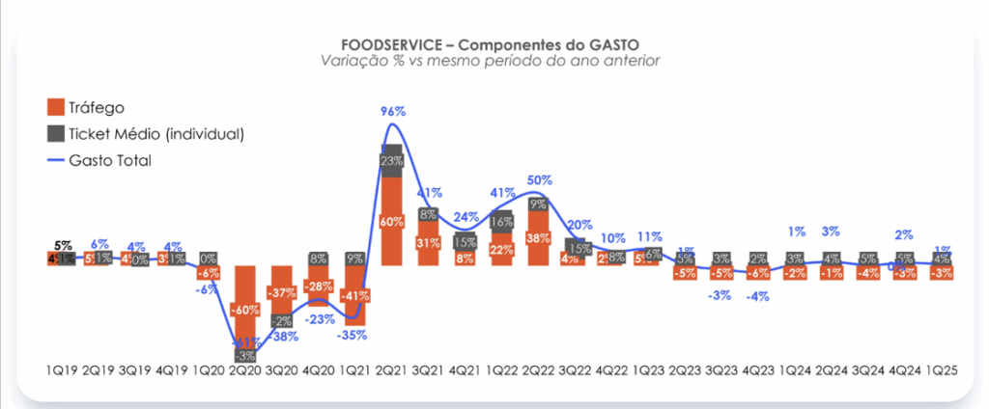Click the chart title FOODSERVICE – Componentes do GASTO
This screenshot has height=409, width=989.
coord(491,44)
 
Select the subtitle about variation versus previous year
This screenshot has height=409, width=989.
coord(491,62)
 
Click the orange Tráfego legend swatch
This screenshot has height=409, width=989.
coord(55,107)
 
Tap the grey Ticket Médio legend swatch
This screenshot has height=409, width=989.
coord(55,133)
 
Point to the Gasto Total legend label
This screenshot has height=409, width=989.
coord(111,159)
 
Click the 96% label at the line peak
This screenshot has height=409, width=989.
coord(392,112)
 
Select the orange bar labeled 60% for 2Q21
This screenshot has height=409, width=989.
coord(392,221)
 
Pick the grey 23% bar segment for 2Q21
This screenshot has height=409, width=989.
coord(392,161)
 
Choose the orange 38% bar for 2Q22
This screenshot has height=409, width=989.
coord(539,237)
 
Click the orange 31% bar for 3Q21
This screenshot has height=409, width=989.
coord(429,243)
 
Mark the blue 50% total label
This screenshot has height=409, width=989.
coord(539,180)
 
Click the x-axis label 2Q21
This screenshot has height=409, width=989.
coord(392,370)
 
